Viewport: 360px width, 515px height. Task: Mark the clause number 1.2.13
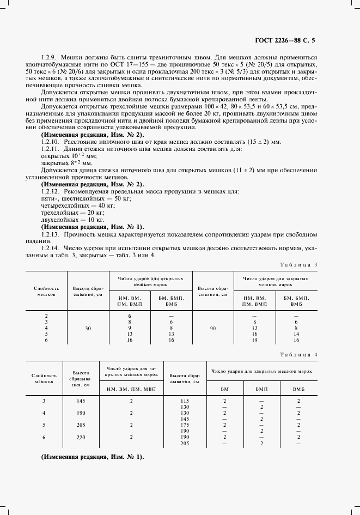[x=51, y=233]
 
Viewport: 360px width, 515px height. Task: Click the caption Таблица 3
[x=299, y=264]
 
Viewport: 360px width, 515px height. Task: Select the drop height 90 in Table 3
[x=212, y=329]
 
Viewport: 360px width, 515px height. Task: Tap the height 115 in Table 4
[x=184, y=401]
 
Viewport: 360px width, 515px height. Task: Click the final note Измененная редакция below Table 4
[x=93, y=457]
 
